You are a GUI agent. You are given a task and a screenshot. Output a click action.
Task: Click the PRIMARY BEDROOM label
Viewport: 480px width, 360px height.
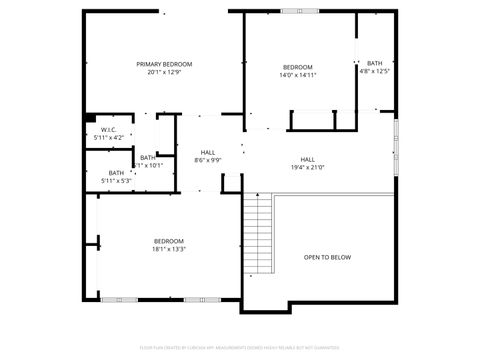[164, 64]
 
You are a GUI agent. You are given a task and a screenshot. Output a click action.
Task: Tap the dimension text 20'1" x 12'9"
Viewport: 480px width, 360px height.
[164, 72]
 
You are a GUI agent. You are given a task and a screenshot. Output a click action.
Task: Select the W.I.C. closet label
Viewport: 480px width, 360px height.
[108, 129]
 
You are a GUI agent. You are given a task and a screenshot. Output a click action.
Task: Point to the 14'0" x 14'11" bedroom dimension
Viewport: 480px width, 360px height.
[297, 75]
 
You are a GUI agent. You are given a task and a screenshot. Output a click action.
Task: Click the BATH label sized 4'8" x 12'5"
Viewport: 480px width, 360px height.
[374, 63]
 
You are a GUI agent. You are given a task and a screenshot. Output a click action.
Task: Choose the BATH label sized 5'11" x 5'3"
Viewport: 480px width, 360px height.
[116, 173]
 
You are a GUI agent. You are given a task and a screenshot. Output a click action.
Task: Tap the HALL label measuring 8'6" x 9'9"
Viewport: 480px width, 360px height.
[208, 152]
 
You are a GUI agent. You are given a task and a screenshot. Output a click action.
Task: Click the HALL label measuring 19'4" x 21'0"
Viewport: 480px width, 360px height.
[308, 160]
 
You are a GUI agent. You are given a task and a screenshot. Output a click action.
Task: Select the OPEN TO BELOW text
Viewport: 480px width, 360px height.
[327, 257]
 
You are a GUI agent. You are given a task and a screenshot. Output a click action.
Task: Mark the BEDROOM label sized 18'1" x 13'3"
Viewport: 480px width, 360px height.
[168, 241]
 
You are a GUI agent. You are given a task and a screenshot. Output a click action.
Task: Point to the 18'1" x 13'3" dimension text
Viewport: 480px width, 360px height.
[168, 249]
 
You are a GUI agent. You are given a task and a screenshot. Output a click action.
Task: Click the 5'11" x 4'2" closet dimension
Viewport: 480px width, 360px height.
[108, 137]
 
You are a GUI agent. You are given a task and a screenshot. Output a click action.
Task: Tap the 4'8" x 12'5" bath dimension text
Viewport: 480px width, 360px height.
[374, 71]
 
